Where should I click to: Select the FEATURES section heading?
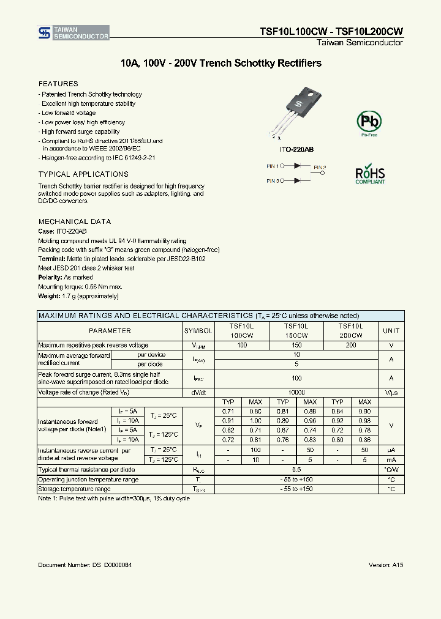pos(58,84)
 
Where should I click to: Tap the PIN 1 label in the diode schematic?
pos(273,166)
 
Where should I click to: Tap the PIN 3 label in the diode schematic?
pos(273,181)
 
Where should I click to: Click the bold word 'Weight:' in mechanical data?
pos(48,296)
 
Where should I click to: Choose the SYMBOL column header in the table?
pos(198,330)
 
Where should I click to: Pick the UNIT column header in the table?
pos(391,330)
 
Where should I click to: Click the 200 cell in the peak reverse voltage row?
pos(350,346)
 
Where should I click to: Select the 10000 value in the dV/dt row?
pos(296,392)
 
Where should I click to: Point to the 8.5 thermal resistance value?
pos(296,470)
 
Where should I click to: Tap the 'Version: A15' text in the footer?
pos(386,565)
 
